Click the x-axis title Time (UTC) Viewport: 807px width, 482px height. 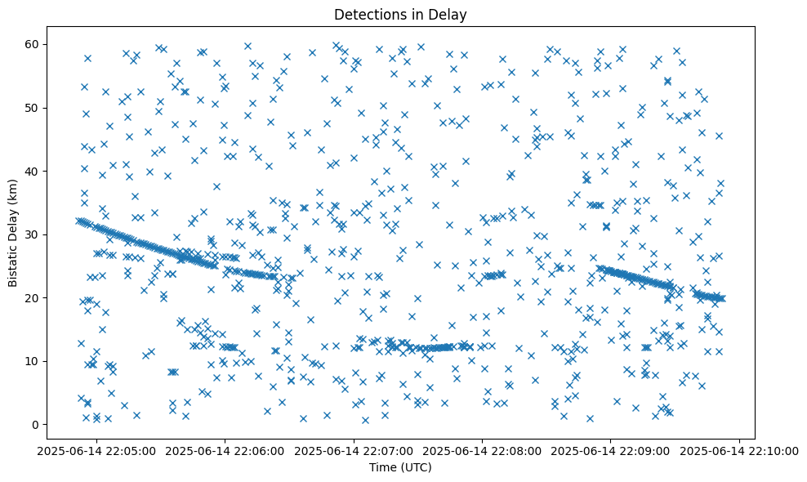point(399,467)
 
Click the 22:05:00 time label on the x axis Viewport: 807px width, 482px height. point(97,449)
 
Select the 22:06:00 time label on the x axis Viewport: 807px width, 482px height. point(225,449)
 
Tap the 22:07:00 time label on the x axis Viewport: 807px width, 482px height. point(354,449)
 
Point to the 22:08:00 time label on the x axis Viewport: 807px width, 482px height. point(483,449)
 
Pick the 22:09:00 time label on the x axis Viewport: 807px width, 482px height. point(612,449)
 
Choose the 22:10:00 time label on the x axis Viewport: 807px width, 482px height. point(740,449)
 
